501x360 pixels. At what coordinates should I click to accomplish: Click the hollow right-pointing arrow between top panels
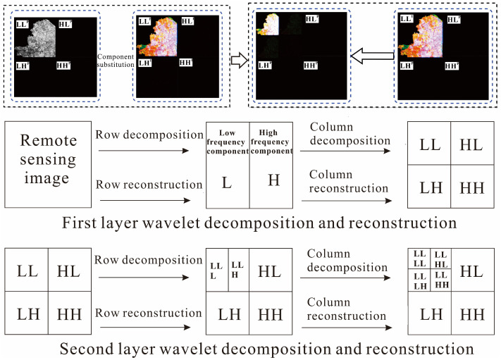tap(240, 61)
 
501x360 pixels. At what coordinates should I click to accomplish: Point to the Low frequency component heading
tap(227, 140)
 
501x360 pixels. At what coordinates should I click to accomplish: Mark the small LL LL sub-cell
tap(420, 257)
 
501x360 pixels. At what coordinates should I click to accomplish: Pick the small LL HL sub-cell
tap(440, 257)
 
